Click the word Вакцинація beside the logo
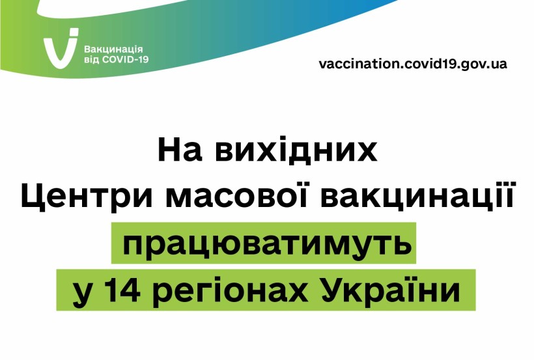(113, 49)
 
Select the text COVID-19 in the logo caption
(125, 59)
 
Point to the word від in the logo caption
(92, 59)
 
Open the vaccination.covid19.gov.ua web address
(413, 64)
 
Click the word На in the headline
(180, 150)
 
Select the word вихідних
(296, 149)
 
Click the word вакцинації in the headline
(417, 196)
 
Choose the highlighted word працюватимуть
(267, 244)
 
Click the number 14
(122, 291)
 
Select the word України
(391, 290)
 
